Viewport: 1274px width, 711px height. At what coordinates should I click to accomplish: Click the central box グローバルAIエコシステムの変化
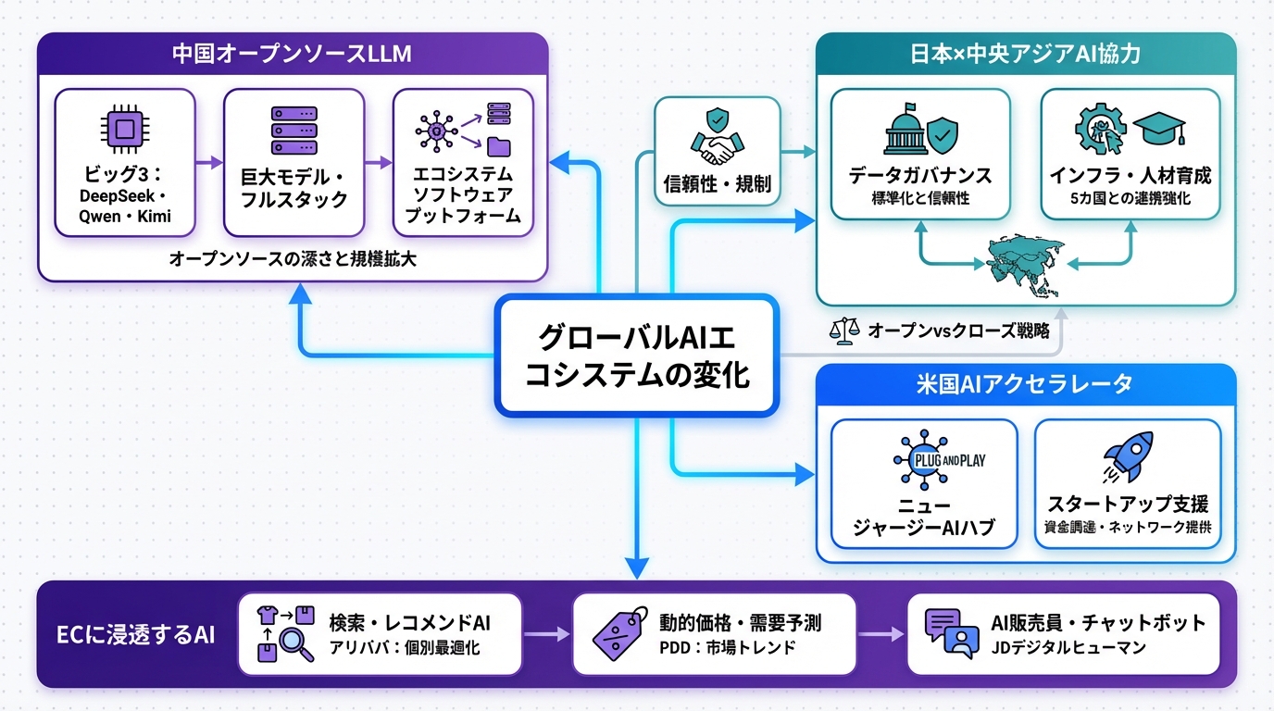pyautogui.click(x=635, y=355)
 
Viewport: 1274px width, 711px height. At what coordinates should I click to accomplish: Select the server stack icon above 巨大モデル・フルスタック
pyautogui.click(x=294, y=131)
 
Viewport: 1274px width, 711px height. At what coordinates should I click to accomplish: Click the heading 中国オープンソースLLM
pyautogui.click(x=292, y=54)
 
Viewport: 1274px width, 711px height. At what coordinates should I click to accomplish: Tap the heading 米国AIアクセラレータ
pyautogui.click(x=1025, y=384)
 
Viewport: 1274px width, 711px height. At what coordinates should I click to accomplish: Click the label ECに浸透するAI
pyautogui.click(x=135, y=634)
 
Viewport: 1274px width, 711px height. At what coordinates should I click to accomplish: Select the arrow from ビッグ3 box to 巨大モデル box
pyautogui.click(x=210, y=163)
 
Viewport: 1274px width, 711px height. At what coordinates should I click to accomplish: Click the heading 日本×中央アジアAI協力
pyautogui.click(x=1025, y=54)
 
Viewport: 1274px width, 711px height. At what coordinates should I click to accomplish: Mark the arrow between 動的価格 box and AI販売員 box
pyautogui.click(x=881, y=634)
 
